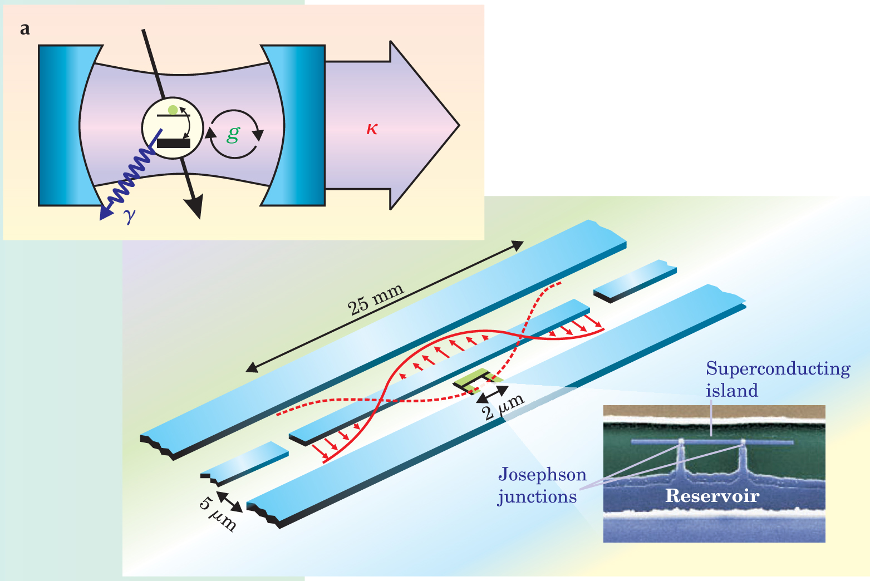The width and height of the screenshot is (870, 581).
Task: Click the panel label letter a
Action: [24, 29]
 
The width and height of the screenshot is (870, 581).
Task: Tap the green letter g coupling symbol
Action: [233, 134]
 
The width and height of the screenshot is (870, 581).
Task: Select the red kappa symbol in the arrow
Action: [372, 129]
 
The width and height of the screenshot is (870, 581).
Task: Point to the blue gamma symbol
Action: [130, 216]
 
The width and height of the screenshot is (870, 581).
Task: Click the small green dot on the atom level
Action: [173, 110]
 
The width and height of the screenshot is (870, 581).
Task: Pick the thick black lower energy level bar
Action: [173, 143]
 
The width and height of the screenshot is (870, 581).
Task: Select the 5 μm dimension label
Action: [218, 512]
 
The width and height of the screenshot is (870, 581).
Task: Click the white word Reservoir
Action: [712, 496]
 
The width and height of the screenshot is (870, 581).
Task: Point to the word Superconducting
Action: [778, 369]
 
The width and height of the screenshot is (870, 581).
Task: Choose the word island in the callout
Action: [732, 391]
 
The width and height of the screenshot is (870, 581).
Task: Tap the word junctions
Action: [537, 496]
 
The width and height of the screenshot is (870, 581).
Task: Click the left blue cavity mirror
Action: [61, 126]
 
